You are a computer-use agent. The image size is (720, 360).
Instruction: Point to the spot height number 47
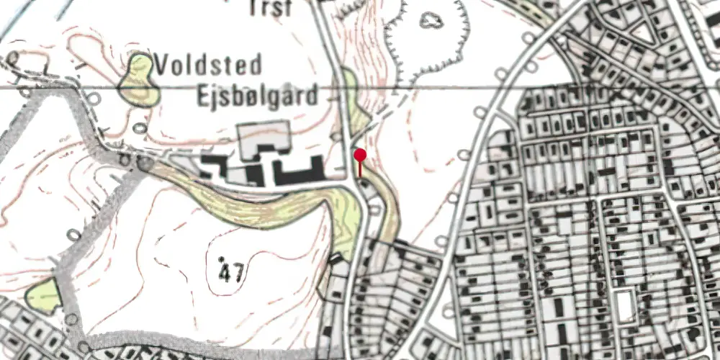230,273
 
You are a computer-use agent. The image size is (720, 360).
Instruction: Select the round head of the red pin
360,154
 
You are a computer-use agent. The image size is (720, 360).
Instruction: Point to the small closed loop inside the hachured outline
431,20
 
